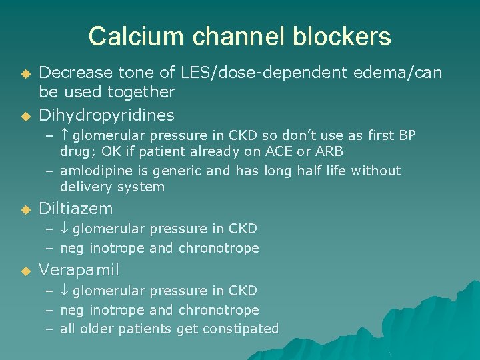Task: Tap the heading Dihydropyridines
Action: tap(107, 115)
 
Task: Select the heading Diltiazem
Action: tap(76, 209)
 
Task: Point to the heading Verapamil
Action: tap(79, 270)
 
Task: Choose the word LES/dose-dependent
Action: tap(261, 72)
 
